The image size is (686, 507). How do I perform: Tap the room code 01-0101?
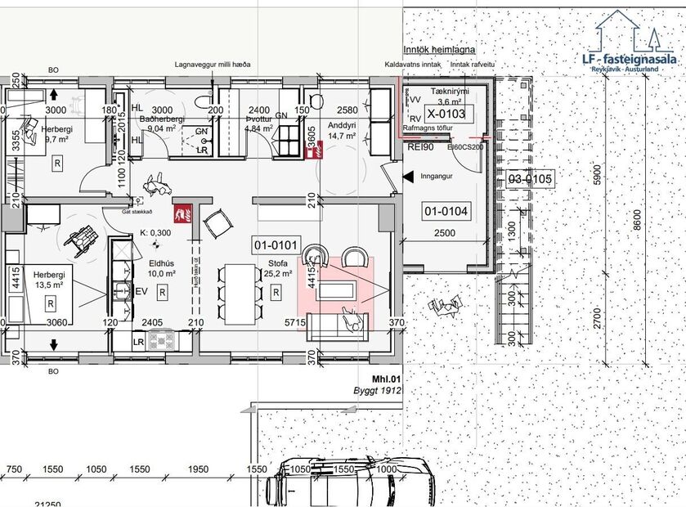tap(274, 245)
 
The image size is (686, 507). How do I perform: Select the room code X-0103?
tap(446, 114)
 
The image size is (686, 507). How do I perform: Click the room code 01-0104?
tap(446, 212)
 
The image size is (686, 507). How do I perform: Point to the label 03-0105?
tap(531, 178)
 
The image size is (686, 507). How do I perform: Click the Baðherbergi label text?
tap(161, 119)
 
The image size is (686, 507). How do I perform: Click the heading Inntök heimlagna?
tap(439, 50)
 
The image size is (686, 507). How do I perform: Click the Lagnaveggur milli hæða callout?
tap(213, 65)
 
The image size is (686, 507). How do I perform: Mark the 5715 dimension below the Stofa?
tap(295, 324)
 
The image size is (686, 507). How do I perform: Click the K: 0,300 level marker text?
tap(155, 232)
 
